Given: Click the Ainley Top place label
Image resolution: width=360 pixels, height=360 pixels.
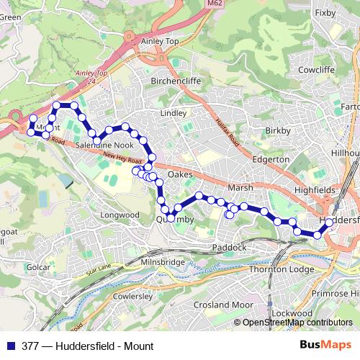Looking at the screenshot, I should [163, 62].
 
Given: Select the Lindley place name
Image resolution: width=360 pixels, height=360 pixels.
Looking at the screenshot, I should [174, 114].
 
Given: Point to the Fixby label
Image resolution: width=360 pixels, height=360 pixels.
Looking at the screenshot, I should [325, 12].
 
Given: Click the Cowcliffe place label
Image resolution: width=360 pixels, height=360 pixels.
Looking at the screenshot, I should [318, 71].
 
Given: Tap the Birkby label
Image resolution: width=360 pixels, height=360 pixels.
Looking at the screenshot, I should [277, 131].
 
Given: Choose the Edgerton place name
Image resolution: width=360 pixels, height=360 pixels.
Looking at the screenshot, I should [271, 159].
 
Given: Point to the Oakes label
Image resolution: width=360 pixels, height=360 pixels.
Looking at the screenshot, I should [180, 175].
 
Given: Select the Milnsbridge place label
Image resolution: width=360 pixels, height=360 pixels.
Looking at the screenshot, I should [163, 263].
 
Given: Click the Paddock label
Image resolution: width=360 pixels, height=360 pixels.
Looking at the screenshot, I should [230, 248].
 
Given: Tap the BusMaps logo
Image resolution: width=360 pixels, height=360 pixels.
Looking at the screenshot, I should [320, 346].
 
